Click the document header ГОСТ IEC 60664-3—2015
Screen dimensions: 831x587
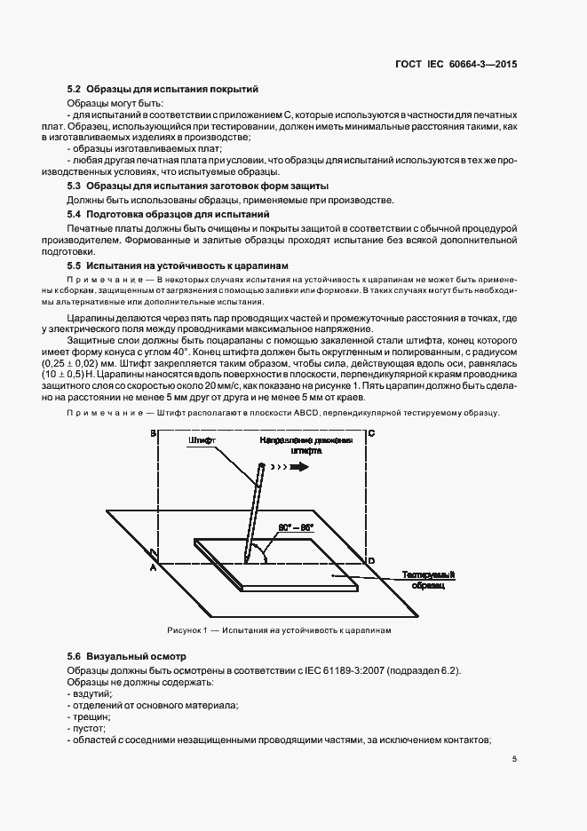(x=456, y=65)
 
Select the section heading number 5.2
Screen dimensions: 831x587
(x=75, y=90)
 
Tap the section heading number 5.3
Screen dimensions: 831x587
(x=75, y=186)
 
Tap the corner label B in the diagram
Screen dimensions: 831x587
(x=153, y=433)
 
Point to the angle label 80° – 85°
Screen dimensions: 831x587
(x=296, y=527)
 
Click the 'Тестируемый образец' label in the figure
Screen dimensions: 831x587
(x=428, y=580)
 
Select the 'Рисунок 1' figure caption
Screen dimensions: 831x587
(x=279, y=630)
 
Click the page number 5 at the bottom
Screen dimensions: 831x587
(x=515, y=759)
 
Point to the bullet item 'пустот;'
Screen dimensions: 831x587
(x=88, y=727)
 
